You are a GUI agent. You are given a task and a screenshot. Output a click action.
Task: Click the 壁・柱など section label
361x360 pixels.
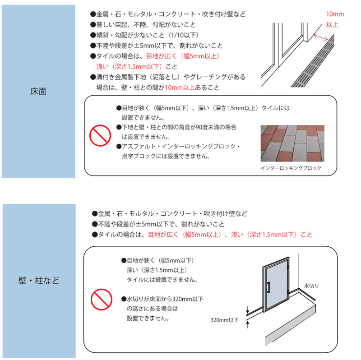pyautogui.click(x=38, y=281)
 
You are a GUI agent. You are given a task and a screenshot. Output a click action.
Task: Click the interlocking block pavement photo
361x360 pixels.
pyautogui.click(x=292, y=143)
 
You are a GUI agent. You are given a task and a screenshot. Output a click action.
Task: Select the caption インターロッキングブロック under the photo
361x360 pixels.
pyautogui.click(x=291, y=168)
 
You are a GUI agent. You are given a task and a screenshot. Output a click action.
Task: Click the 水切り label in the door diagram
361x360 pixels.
pyautogui.click(x=311, y=286)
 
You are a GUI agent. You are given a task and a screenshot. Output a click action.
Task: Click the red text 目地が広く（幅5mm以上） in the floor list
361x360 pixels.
pyautogui.click(x=183, y=56)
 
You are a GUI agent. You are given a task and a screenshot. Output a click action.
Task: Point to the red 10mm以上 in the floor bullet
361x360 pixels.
pyautogui.click(x=180, y=88)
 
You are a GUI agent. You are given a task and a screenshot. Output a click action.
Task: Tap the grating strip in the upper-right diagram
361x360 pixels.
pyautogui.click(x=323, y=63)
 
